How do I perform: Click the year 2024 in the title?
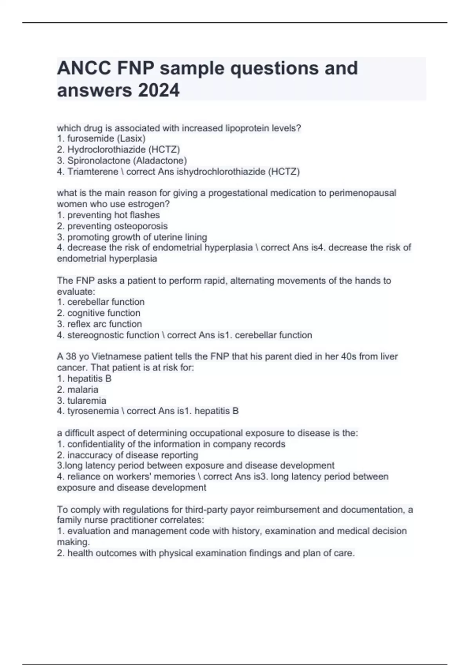[x=158, y=90]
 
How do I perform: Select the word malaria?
[x=83, y=389]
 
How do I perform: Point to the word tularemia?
[x=87, y=400]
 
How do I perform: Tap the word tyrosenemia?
[x=93, y=411]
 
